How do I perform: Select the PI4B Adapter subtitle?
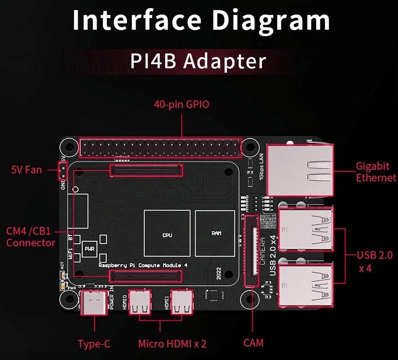[x=198, y=61]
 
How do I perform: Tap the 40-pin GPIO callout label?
[x=181, y=105]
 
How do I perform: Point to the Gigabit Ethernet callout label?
[x=376, y=171]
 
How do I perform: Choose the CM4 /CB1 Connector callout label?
[x=31, y=237]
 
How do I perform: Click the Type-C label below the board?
[x=94, y=344]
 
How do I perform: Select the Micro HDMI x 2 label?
[x=173, y=344]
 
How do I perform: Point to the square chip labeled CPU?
[x=167, y=234]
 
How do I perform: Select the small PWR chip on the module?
[x=89, y=248]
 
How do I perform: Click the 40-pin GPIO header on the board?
[x=160, y=147]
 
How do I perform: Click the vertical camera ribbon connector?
[x=249, y=251]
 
